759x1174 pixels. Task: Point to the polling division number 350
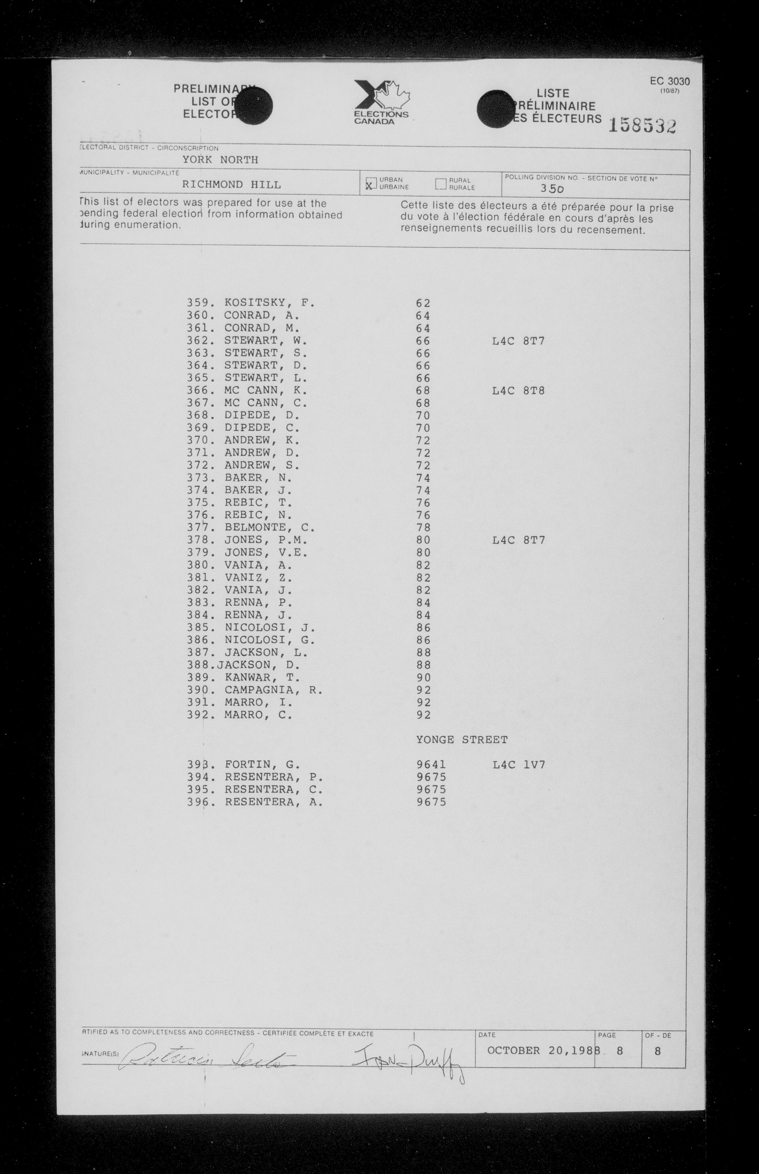coord(551,188)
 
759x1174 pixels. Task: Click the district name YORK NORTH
coord(220,160)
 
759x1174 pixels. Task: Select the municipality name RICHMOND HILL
coord(231,185)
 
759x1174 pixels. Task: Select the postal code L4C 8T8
coord(518,391)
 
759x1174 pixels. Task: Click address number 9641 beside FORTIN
coord(431,765)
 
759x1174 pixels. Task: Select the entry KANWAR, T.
coord(262,678)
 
